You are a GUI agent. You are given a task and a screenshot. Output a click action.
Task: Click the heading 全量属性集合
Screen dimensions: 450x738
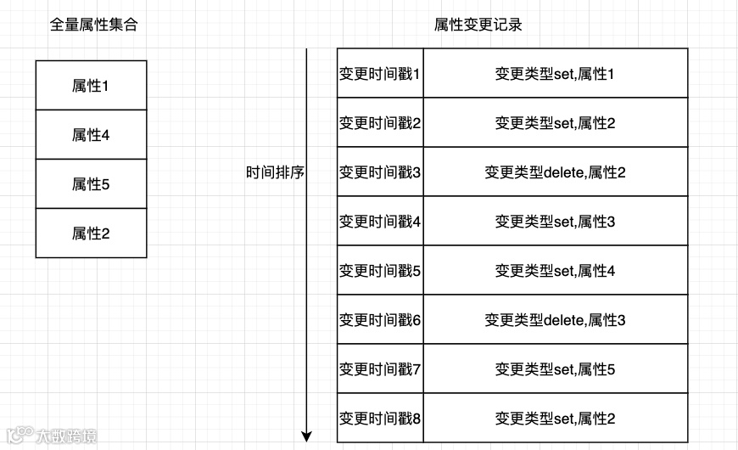(94, 25)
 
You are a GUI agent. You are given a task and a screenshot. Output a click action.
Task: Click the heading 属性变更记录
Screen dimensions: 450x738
(478, 25)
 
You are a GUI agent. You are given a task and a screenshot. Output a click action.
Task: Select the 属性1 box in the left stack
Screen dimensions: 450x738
(91, 85)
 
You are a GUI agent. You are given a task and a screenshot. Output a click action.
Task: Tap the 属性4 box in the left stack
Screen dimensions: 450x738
(91, 134)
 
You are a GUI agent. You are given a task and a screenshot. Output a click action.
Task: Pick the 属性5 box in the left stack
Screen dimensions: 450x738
(91, 183)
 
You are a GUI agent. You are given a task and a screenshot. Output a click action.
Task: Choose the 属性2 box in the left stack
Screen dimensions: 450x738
(91, 233)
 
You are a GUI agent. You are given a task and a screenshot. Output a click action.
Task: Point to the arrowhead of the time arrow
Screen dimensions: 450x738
(307, 437)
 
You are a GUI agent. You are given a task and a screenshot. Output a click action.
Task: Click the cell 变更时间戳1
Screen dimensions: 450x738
(380, 74)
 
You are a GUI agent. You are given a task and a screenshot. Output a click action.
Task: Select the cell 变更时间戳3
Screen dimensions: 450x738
(380, 172)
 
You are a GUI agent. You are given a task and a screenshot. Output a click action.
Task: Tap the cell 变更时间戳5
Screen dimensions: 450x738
(380, 271)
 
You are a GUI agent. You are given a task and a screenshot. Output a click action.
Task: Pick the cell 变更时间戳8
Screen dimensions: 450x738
(380, 419)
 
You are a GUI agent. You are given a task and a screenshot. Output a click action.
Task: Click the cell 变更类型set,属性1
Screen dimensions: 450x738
(555, 74)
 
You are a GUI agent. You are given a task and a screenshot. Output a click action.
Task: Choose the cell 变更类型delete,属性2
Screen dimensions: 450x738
(555, 172)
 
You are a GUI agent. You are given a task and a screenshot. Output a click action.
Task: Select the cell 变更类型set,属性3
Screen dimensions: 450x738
(555, 222)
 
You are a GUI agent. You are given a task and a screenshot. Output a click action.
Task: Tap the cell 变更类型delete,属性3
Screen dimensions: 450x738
(555, 320)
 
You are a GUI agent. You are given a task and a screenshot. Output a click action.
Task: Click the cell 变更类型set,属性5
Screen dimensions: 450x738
(555, 369)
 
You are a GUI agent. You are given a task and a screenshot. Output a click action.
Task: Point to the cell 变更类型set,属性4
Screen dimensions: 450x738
(555, 271)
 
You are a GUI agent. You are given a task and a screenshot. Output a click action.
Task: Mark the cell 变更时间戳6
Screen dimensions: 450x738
(380, 320)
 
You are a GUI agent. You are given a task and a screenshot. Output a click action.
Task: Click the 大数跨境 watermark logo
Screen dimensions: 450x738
(51, 436)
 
